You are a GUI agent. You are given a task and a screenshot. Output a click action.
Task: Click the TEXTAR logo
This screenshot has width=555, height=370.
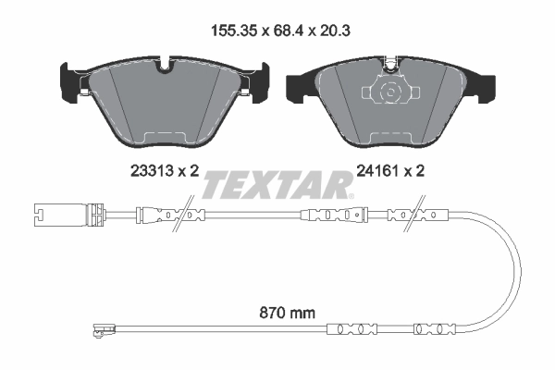[277, 185]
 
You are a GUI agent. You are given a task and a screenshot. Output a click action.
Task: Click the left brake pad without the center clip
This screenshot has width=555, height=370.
[166, 102]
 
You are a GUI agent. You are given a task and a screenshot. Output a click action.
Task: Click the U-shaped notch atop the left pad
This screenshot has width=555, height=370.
[166, 66]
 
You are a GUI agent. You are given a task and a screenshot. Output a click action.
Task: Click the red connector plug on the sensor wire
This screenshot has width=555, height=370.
[92, 218]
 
